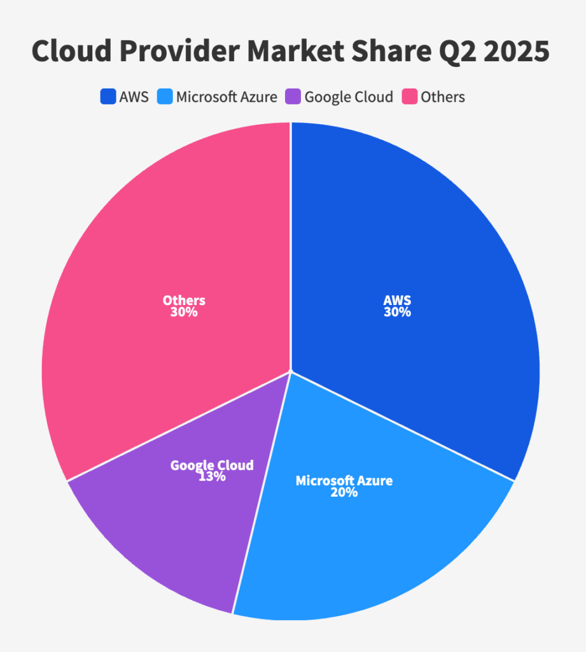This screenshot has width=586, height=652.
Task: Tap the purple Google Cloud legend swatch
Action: click(293, 97)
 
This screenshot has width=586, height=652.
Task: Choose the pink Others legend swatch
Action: click(409, 97)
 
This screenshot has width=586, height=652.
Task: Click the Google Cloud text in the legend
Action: click(349, 97)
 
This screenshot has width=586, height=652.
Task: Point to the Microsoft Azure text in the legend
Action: click(227, 97)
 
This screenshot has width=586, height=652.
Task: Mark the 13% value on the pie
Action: click(212, 476)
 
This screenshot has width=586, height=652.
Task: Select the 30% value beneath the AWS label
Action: click(397, 312)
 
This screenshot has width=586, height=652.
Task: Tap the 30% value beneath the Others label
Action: click(184, 312)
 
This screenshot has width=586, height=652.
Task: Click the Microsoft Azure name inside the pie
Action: click(344, 480)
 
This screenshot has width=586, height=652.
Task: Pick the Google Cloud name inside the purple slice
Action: click(212, 465)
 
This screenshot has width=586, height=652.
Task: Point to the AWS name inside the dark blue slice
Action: click(397, 301)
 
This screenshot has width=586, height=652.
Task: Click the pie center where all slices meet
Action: click(291, 371)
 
